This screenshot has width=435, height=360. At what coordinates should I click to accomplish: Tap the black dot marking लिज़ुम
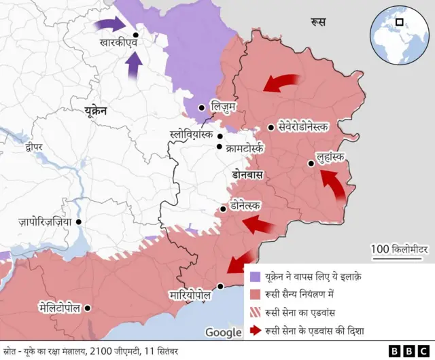(x=202, y=107)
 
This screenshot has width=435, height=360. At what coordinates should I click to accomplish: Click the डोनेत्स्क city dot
(x=223, y=209)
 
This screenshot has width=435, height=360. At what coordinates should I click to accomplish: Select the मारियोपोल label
(x=190, y=296)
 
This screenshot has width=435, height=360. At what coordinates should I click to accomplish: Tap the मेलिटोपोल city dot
(x=88, y=308)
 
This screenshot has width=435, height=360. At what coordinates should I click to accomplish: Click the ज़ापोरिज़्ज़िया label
(x=45, y=221)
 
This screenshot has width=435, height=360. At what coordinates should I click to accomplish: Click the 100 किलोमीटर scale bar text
(x=400, y=250)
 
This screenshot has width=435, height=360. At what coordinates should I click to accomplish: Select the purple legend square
(x=255, y=276)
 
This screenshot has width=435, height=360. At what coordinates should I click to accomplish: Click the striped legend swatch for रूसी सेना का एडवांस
(x=255, y=313)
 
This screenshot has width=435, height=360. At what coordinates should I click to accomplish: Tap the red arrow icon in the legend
(x=255, y=331)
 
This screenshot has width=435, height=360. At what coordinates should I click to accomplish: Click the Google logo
(x=223, y=332)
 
